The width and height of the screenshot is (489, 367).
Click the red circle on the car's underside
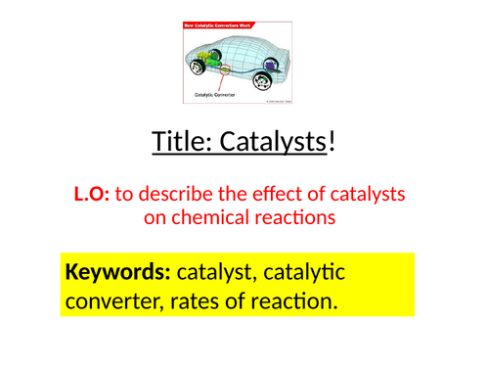(x=223, y=69)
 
